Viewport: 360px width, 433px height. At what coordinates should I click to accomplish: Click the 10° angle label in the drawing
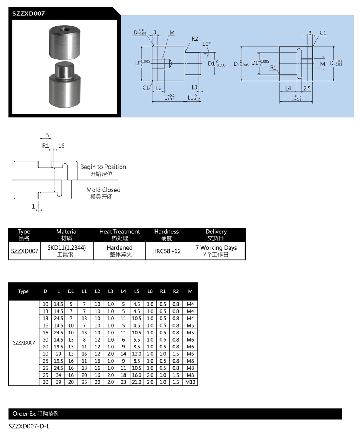tap(206, 44)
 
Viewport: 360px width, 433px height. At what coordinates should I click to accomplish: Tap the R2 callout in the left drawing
tap(195, 38)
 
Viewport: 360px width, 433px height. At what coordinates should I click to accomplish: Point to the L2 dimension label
tap(159, 88)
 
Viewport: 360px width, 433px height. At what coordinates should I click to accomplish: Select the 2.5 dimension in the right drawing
tap(307, 88)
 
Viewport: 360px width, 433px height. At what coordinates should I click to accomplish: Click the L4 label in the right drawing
tap(288, 88)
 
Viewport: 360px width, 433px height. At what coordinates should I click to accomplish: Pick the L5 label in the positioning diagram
tap(46, 135)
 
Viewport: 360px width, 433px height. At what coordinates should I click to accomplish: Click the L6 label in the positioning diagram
tap(61, 146)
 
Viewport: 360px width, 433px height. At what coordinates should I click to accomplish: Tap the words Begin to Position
tap(103, 167)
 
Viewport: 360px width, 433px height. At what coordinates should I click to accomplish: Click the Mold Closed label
tap(103, 190)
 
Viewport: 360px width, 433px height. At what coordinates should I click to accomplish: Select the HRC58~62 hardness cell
tap(167, 251)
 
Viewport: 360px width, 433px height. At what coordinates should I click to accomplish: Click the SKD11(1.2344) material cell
tap(67, 248)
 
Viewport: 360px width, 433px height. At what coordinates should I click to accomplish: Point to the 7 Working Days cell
tap(216, 248)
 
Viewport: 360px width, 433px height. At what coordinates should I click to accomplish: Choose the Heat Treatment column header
tap(120, 232)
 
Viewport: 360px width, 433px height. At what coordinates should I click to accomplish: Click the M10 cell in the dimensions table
tap(190, 382)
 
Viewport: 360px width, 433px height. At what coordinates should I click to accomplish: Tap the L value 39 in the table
tap(58, 382)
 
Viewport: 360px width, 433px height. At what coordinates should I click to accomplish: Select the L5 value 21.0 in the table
tap(136, 382)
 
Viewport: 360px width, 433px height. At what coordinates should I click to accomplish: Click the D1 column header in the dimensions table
tap(71, 291)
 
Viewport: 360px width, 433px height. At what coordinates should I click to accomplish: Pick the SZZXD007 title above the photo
tap(28, 14)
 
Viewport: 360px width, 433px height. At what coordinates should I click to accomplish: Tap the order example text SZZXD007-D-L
tap(29, 427)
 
